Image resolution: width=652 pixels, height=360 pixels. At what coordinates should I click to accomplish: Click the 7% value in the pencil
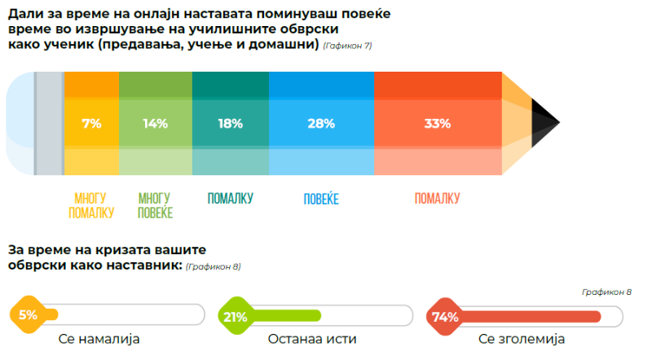pyautogui.click(x=91, y=124)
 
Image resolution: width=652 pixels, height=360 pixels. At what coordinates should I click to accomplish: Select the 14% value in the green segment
pyautogui.click(x=155, y=124)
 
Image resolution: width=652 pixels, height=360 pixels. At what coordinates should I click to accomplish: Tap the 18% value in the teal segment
pyautogui.click(x=231, y=124)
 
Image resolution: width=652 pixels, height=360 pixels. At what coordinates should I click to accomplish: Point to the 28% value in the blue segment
pyautogui.click(x=321, y=124)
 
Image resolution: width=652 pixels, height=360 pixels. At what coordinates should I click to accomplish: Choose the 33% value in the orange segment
pyautogui.click(x=438, y=124)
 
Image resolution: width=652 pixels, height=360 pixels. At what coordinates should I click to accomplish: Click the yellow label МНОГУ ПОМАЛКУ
pyautogui.click(x=90, y=205)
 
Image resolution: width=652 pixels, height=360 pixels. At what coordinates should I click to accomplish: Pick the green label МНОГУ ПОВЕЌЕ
pyautogui.click(x=155, y=205)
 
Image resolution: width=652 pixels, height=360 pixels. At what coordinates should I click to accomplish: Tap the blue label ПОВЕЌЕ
pyautogui.click(x=321, y=199)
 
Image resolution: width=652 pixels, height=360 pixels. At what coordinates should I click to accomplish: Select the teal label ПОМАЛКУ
pyautogui.click(x=231, y=198)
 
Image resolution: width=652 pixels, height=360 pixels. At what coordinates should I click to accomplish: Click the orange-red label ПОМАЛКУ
pyautogui.click(x=438, y=198)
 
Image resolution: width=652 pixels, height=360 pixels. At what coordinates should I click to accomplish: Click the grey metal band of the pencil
pyautogui.click(x=50, y=123)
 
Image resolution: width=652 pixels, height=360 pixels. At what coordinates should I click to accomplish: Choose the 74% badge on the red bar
pyautogui.click(x=445, y=316)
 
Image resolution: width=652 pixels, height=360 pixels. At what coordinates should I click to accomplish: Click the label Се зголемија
pyautogui.click(x=522, y=339)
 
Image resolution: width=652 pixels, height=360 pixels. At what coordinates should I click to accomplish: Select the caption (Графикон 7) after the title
pyautogui.click(x=347, y=46)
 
